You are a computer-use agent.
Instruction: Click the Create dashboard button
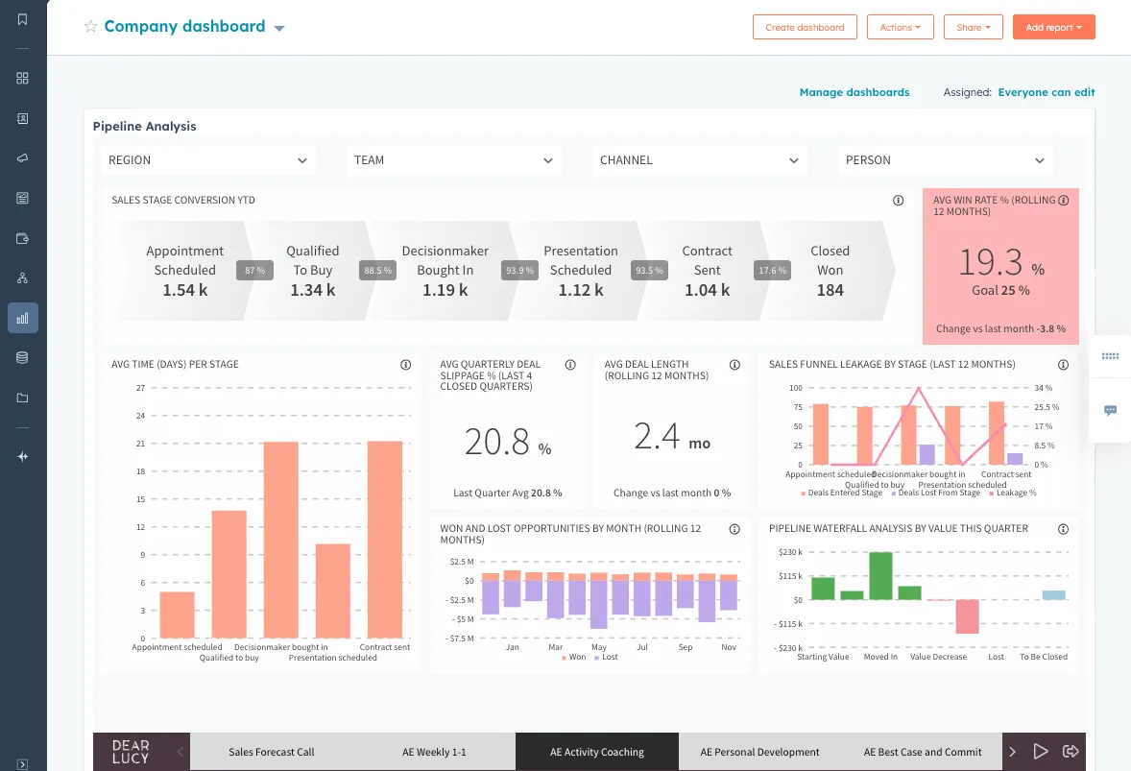(805, 27)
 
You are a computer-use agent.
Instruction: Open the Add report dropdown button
(1053, 27)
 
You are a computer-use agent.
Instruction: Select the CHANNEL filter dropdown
(699, 160)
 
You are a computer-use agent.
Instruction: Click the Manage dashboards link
(854, 92)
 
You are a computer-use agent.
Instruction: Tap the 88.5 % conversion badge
(377, 271)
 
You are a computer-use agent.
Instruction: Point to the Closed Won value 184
(830, 290)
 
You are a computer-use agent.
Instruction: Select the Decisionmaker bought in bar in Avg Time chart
(281, 540)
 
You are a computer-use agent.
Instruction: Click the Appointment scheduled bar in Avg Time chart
(177, 614)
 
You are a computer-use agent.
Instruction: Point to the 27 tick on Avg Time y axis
(140, 388)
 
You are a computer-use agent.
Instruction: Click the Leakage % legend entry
(1016, 493)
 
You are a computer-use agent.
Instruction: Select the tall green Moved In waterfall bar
(880, 575)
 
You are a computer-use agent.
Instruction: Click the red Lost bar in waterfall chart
(967, 616)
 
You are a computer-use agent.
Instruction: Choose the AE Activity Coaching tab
(596, 752)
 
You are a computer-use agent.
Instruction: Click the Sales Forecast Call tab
(272, 752)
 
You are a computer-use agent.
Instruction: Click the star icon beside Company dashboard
(91, 27)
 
